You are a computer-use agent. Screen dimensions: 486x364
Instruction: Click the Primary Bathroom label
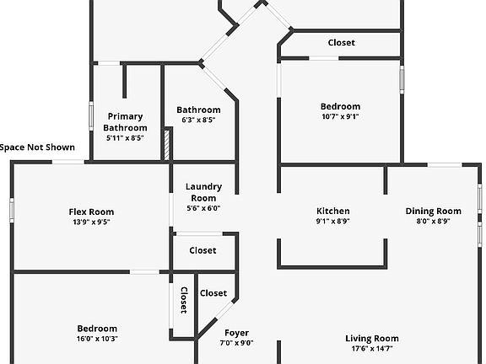pyautogui.click(x=125, y=122)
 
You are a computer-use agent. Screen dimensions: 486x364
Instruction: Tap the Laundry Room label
pyautogui.click(x=203, y=192)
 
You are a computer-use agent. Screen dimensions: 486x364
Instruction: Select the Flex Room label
pyautogui.click(x=91, y=211)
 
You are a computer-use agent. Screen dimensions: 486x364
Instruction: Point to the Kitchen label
pyautogui.click(x=333, y=211)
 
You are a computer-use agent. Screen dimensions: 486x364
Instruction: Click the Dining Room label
pyautogui.click(x=434, y=211)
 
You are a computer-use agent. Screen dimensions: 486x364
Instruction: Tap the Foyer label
pyautogui.click(x=236, y=333)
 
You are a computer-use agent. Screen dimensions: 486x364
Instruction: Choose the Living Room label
pyautogui.click(x=372, y=339)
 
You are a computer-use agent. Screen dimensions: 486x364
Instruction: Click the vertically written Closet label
pyautogui.click(x=184, y=300)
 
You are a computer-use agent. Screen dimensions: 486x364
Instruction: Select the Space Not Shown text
pyautogui.click(x=37, y=147)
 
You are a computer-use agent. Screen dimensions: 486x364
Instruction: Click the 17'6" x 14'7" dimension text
pyautogui.click(x=372, y=349)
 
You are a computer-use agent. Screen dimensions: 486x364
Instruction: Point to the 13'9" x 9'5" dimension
pyautogui.click(x=91, y=222)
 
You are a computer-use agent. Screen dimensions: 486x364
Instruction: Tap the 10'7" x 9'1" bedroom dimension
pyautogui.click(x=340, y=116)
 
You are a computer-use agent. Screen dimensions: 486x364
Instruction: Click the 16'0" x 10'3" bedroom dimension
pyautogui.click(x=97, y=339)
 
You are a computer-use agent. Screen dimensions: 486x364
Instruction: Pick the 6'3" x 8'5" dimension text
pyautogui.click(x=198, y=120)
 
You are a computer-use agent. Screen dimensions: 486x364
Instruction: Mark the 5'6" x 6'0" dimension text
pyautogui.click(x=203, y=208)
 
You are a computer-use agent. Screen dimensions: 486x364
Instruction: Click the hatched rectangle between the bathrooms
pyautogui.click(x=167, y=145)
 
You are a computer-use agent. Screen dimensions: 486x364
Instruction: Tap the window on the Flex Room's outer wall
pyautogui.click(x=12, y=211)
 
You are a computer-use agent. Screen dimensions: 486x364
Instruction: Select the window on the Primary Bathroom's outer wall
pyautogui.click(x=91, y=116)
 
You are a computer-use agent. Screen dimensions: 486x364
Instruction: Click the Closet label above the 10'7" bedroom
pyautogui.click(x=341, y=42)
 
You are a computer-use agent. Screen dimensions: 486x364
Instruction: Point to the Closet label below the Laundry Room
pyautogui.click(x=202, y=250)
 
